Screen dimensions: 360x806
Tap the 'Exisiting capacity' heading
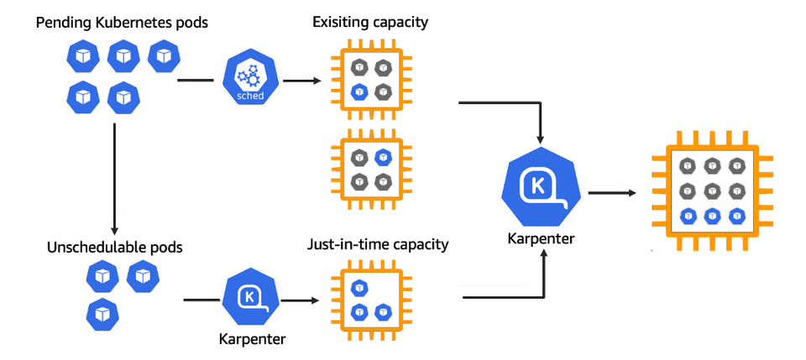click(x=370, y=22)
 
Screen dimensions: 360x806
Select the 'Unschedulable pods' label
click(x=115, y=248)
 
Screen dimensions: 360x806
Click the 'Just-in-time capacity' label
click(x=378, y=245)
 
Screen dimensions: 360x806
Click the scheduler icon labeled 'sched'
click(x=250, y=81)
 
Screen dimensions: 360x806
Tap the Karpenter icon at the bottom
click(x=249, y=298)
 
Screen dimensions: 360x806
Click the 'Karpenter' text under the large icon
click(x=542, y=238)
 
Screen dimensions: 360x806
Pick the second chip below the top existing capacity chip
click(x=371, y=169)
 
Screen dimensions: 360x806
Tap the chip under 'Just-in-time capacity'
click(x=371, y=299)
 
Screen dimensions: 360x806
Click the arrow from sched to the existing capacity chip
click(x=302, y=81)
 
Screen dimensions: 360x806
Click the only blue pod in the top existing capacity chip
click(x=359, y=91)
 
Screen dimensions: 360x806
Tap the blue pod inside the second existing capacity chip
click(x=383, y=156)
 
